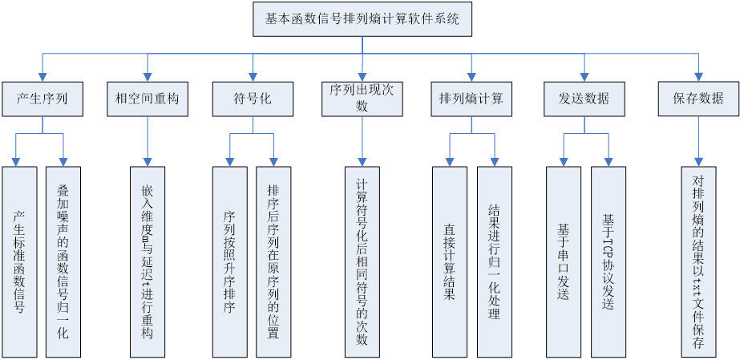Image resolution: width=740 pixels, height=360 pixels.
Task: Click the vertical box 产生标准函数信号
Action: [19, 261]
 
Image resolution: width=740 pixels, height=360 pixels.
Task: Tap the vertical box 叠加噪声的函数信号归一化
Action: [63, 261]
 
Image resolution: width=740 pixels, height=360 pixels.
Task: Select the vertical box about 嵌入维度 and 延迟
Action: [147, 261]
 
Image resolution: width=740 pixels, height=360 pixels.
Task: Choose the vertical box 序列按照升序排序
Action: [229, 261]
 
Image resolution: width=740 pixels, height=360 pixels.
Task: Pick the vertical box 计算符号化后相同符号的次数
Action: [362, 261]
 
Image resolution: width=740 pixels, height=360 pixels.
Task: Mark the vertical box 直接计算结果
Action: [449, 261]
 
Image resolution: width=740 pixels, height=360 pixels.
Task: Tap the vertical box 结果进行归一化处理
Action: [494, 261]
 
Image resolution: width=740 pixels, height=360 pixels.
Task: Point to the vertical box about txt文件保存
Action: [698, 261]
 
